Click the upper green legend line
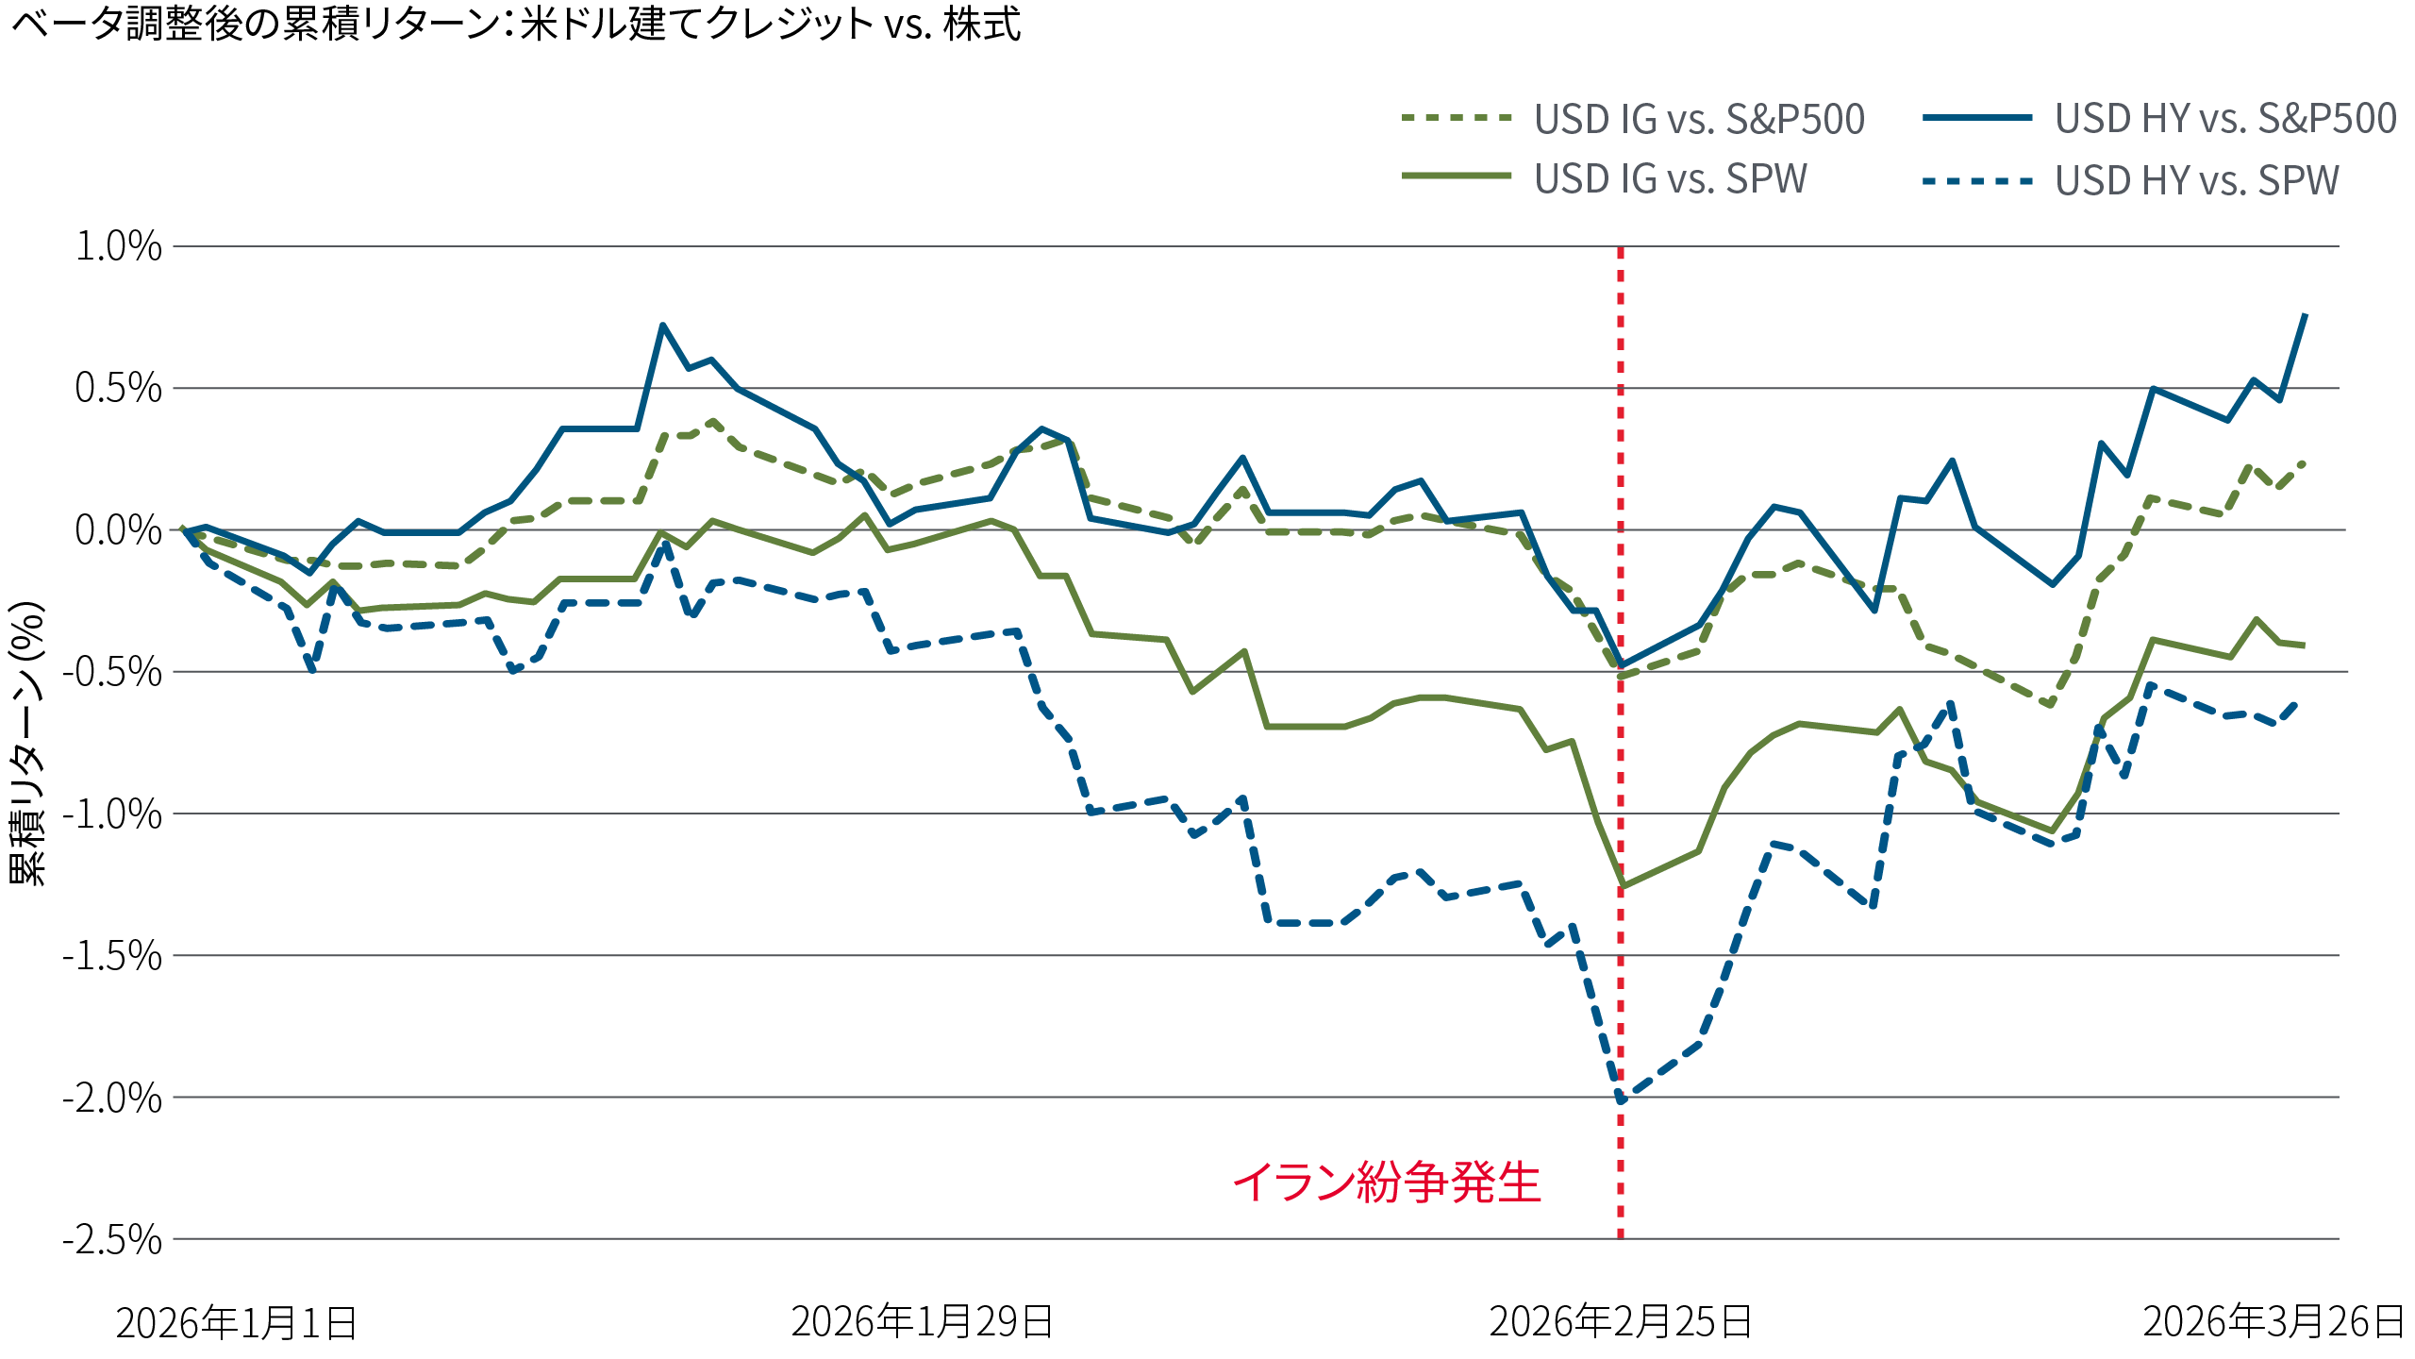1469,118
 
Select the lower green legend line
1469,175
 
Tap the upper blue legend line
1990,118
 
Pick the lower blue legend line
1990,179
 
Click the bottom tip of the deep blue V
1620,1095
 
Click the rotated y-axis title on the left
28,746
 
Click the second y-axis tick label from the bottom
94,1095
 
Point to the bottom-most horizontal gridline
849,1235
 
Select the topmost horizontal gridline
849,247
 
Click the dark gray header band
660,165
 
